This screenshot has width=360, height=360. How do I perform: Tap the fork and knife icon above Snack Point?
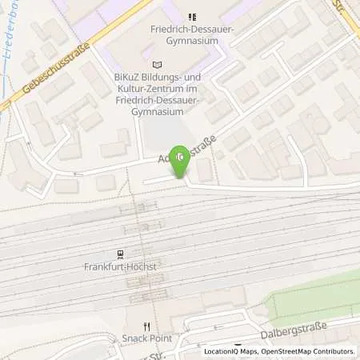[146, 326]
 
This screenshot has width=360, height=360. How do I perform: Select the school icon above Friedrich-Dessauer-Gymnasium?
[191, 17]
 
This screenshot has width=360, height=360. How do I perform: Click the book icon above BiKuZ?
[156, 64]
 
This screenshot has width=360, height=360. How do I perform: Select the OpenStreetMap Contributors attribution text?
[309, 351]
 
